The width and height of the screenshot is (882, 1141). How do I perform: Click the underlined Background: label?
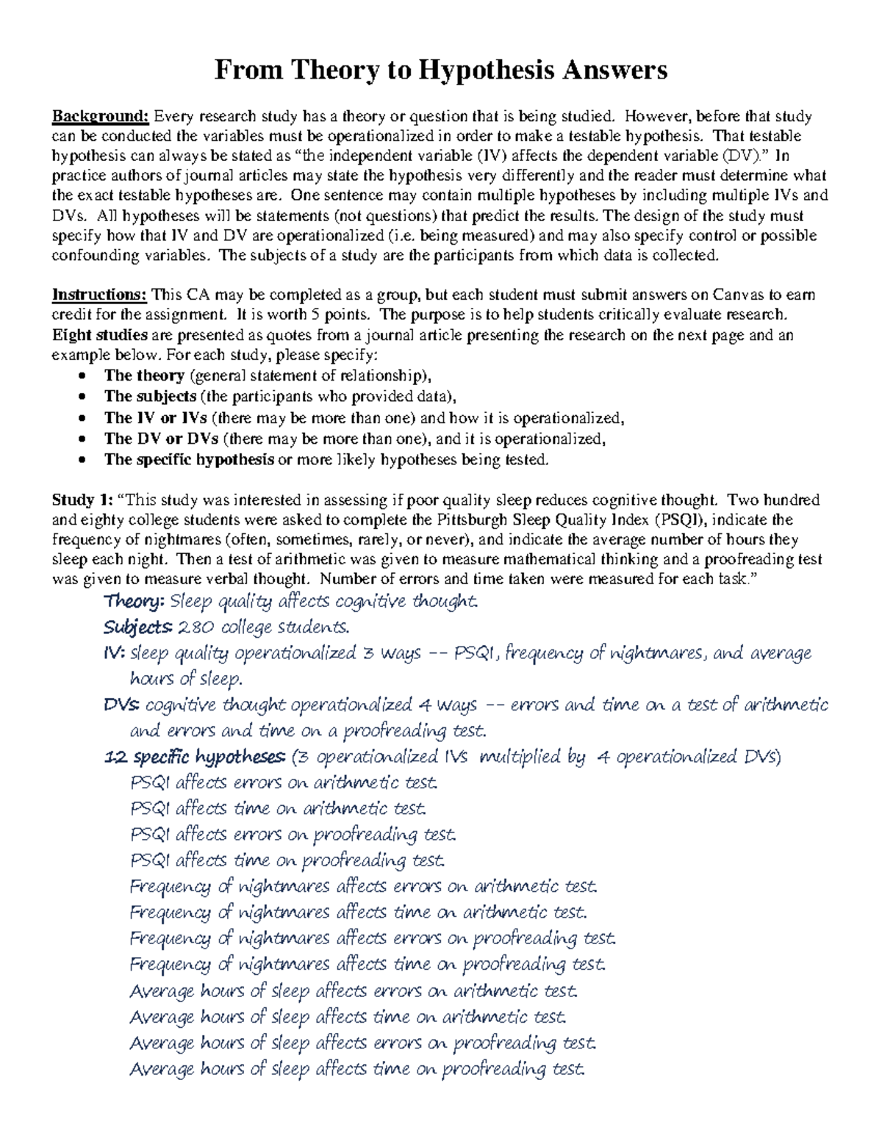(100, 116)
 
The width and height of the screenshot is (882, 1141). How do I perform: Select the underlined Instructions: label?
(99, 295)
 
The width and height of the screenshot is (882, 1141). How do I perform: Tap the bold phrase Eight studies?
(99, 335)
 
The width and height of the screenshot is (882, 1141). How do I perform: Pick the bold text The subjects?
(150, 396)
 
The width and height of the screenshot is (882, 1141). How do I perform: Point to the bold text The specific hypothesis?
(189, 460)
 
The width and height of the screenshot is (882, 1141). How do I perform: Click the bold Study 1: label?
(82, 500)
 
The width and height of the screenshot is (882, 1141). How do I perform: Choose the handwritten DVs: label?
(122, 705)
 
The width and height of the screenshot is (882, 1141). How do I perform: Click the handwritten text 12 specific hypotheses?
(196, 757)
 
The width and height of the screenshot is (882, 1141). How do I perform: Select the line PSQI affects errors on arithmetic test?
(284, 783)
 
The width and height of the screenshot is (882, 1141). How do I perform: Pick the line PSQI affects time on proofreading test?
(287, 860)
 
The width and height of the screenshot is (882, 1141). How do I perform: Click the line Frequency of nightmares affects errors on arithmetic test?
(364, 887)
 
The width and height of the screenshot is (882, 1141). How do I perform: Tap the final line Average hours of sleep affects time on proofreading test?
(357, 1069)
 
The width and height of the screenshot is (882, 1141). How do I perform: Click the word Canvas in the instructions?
(736, 295)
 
